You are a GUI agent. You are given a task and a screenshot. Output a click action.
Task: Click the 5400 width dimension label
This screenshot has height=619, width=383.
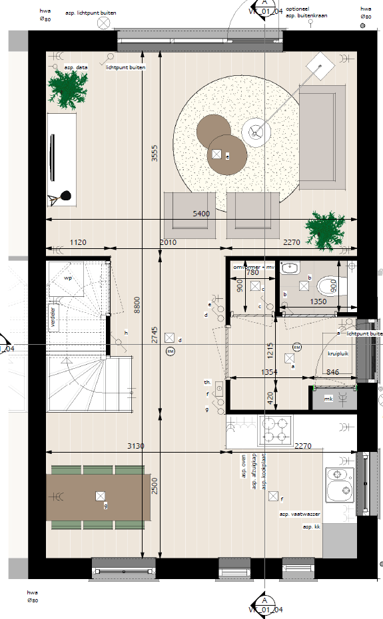pyautogui.click(x=200, y=214)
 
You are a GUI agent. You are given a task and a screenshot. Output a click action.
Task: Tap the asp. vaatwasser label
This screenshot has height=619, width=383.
pyautogui.click(x=300, y=515)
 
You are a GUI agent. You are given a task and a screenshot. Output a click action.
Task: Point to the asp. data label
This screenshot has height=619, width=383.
pyautogui.click(x=77, y=67)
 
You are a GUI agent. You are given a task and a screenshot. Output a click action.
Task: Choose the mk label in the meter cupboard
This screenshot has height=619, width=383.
pyautogui.click(x=328, y=399)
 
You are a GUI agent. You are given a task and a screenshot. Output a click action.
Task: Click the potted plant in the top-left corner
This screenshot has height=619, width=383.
pyautogui.click(x=68, y=89)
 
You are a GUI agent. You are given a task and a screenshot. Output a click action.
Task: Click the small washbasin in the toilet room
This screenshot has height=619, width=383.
pyautogui.click(x=290, y=268)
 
